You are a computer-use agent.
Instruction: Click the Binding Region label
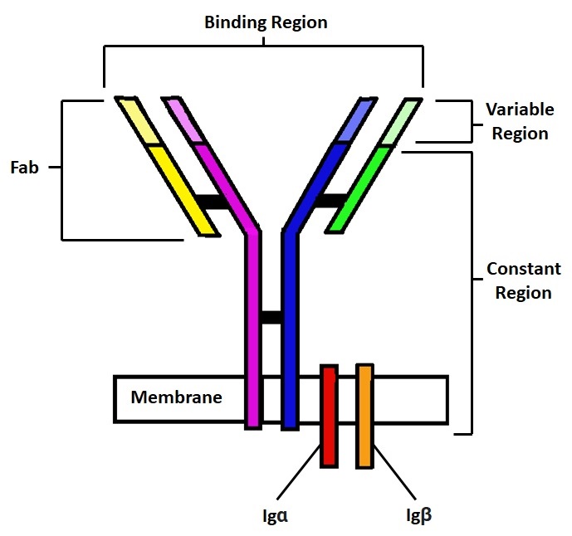(266, 22)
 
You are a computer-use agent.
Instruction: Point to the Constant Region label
(523, 280)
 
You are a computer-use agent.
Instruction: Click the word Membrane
(177, 397)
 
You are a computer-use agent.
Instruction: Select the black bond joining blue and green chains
(331, 200)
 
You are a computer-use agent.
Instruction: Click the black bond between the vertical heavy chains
(271, 317)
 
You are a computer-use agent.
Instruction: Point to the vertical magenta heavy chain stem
(253, 332)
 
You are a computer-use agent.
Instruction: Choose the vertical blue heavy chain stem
(290, 332)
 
